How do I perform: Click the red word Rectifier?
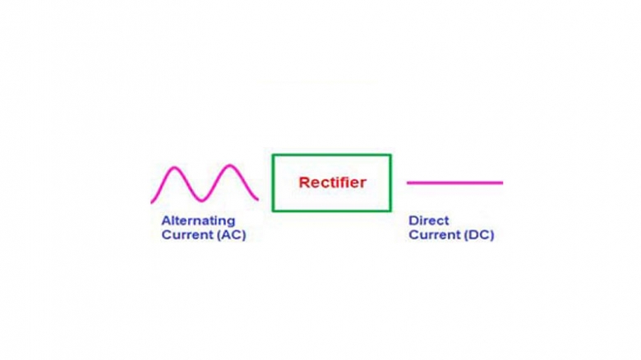click(x=332, y=182)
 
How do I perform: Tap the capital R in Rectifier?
click(x=303, y=182)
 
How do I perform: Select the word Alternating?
click(x=198, y=220)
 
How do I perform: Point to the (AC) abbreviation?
click(x=230, y=235)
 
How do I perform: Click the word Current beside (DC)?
click(x=434, y=235)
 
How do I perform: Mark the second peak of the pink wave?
click(x=231, y=167)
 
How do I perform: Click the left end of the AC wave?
click(x=152, y=201)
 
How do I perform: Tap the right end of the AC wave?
click(x=258, y=199)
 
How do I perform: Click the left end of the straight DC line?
click(x=408, y=182)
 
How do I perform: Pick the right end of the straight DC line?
click(x=502, y=182)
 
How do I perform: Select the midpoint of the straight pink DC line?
click(x=454, y=182)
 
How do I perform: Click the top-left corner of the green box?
click(x=273, y=155)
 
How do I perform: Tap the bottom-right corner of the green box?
click(x=390, y=210)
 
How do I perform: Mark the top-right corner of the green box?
click(x=390, y=155)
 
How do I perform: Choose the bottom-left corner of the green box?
click(x=273, y=210)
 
